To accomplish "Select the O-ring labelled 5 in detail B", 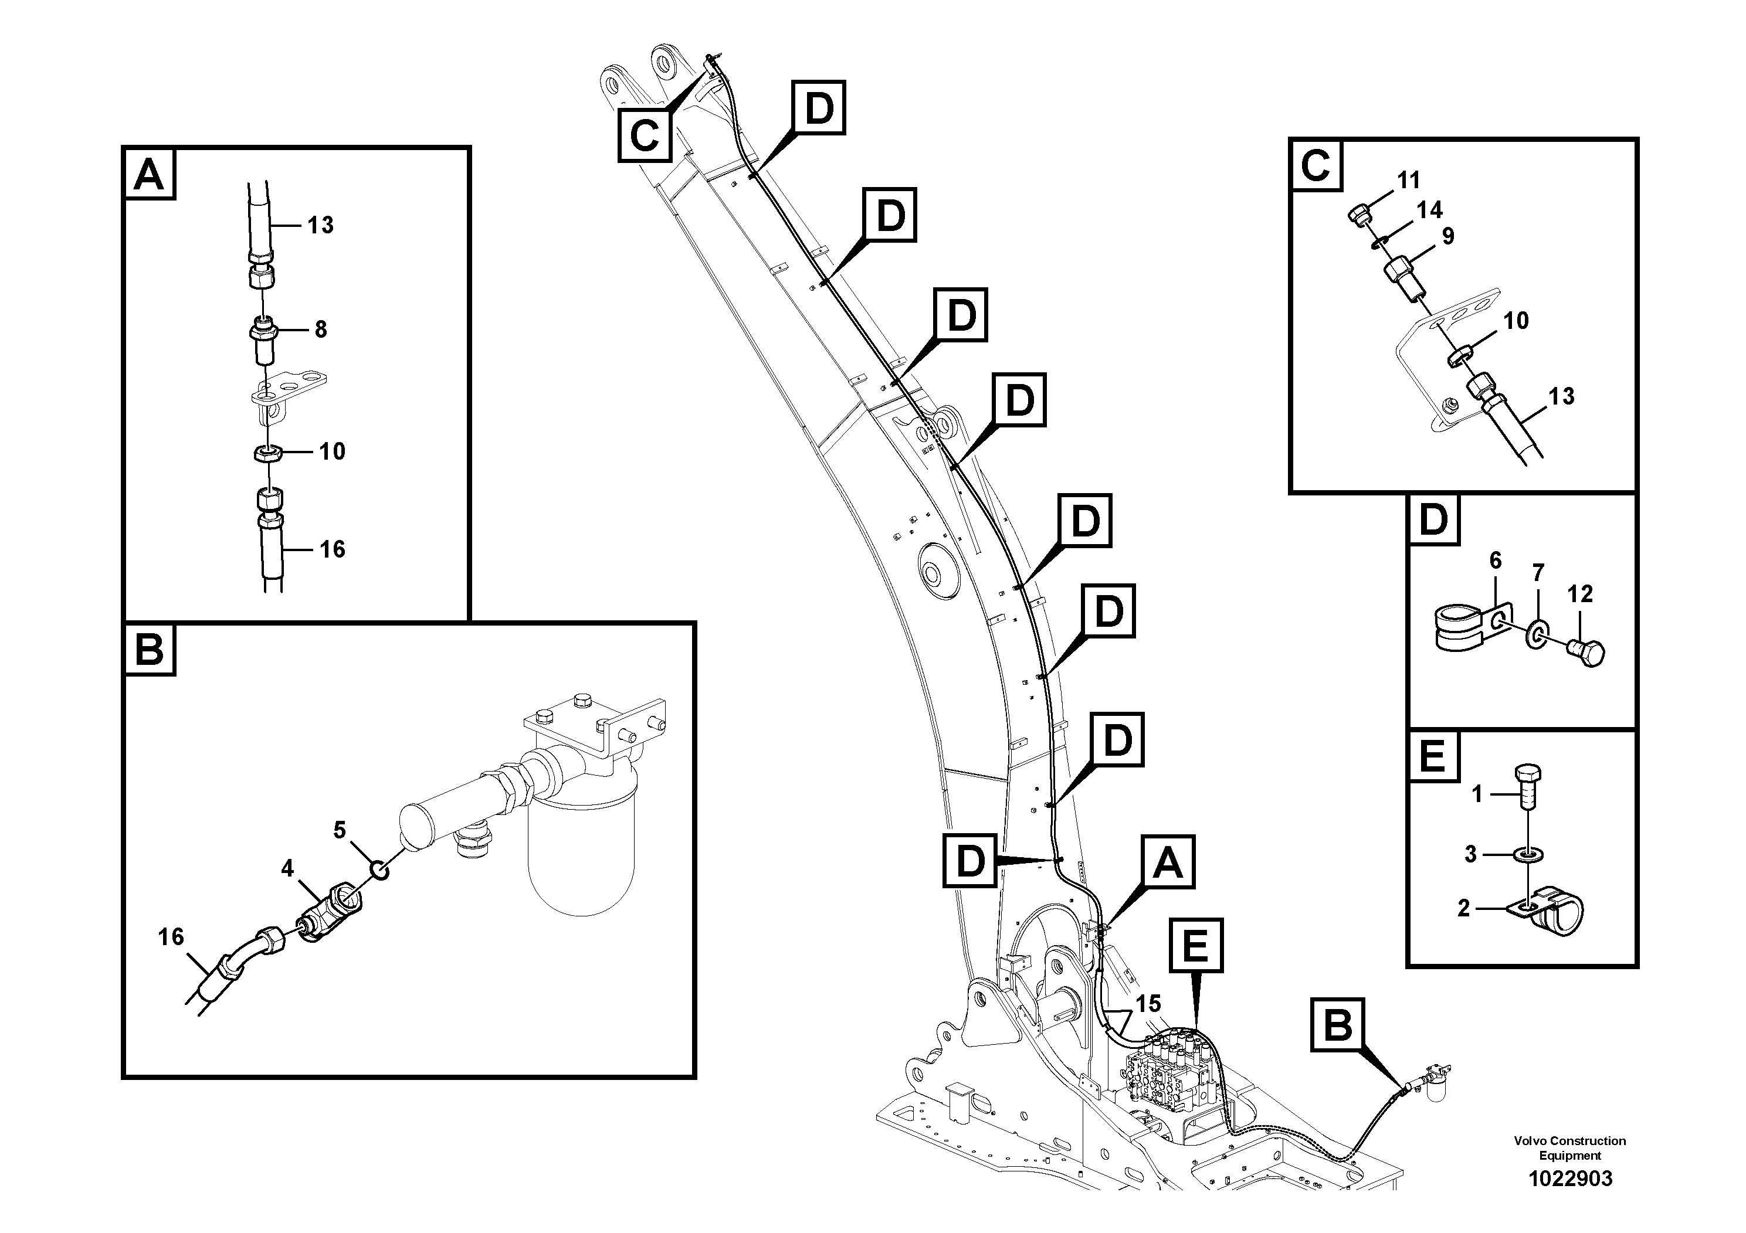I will [379, 869].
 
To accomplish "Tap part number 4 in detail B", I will [287, 868].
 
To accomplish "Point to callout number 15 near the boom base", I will [1148, 1004].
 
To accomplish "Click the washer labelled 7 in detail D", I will [1536, 633].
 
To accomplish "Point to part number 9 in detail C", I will [1447, 236].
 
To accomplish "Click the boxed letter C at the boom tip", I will [644, 136].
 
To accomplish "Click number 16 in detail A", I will [331, 549].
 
